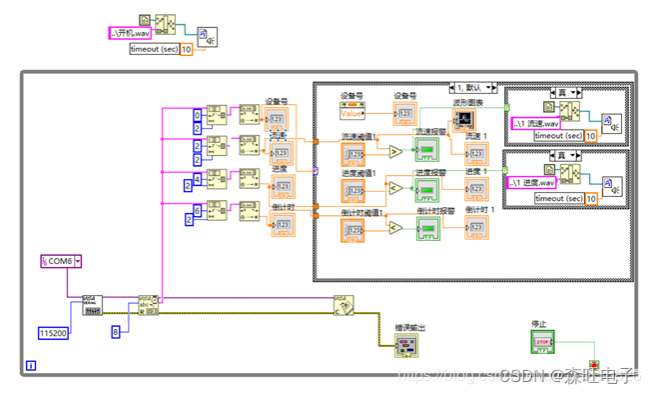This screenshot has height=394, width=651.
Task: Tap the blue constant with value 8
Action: click(116, 330)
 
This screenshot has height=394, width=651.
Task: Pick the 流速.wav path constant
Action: click(536, 123)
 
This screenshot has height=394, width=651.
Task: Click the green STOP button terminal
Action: click(543, 343)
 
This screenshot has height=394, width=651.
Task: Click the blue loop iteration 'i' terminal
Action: click(32, 366)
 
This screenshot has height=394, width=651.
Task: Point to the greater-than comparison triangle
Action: click(395, 152)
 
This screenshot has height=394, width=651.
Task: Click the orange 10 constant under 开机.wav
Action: click(186, 50)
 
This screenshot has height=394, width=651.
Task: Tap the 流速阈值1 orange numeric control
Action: click(352, 153)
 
